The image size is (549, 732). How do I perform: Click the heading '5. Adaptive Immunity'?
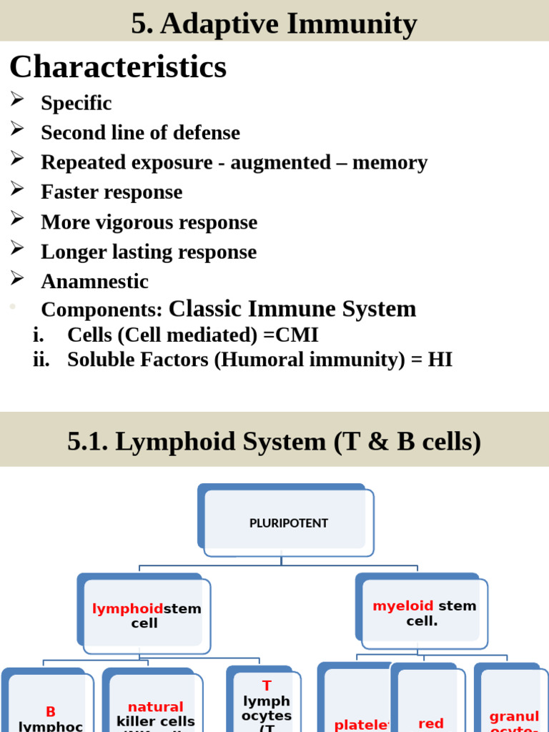[274, 24]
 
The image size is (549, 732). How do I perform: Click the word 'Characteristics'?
[118, 67]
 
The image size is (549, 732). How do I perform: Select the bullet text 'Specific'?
[76, 103]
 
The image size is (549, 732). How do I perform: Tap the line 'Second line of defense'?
[140, 132]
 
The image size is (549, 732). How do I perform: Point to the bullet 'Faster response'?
[112, 192]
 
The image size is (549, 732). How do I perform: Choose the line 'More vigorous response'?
[149, 222]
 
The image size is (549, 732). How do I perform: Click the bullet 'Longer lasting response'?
[149, 252]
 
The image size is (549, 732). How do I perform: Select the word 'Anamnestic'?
[94, 282]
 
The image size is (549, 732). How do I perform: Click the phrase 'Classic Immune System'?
[292, 309]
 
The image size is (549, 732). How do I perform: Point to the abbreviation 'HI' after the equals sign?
[440, 360]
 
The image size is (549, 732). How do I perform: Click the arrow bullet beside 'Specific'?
[18, 101]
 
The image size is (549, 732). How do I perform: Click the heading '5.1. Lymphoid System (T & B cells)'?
[274, 442]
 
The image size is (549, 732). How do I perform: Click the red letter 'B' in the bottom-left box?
[50, 711]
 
